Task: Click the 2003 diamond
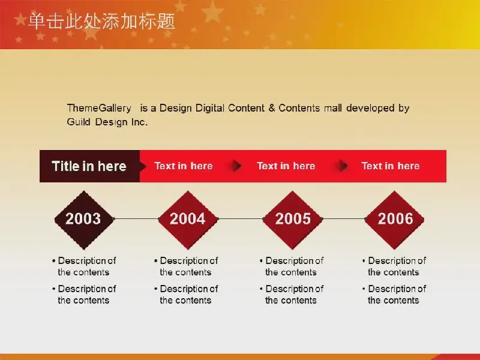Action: [x=84, y=220]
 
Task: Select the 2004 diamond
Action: [x=188, y=220]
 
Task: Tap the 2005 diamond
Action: [x=293, y=220]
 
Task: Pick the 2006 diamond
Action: [x=395, y=220]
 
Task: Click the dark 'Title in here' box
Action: [x=89, y=166]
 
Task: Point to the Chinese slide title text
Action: [x=101, y=21]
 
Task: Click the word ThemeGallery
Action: [x=99, y=108]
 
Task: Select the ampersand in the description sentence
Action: [x=272, y=108]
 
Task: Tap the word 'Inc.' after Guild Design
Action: [x=140, y=122]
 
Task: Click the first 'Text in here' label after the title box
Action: [x=184, y=166]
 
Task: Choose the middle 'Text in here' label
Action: [x=286, y=166]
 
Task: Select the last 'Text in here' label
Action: [x=391, y=166]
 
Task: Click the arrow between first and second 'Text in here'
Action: [x=236, y=166]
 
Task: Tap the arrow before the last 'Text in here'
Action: [x=343, y=166]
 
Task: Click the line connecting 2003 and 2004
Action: [x=136, y=219]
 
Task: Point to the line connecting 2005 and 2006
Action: [x=343, y=219]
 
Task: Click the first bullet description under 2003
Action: [x=84, y=266]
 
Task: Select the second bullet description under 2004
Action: [x=186, y=295]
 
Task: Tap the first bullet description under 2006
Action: [x=394, y=266]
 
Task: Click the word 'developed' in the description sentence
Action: [x=370, y=108]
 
